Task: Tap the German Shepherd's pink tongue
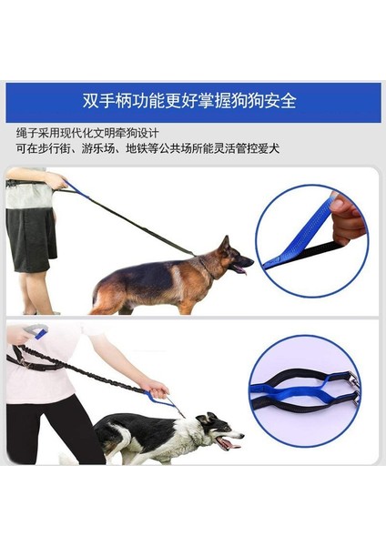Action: pyautogui.click(x=241, y=269)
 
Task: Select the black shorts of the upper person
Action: pyautogui.click(x=31, y=238)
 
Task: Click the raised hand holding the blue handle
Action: pyautogui.click(x=20, y=333)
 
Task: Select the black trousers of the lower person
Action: pyautogui.click(x=50, y=428)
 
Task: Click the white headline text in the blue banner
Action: pyautogui.click(x=194, y=101)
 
